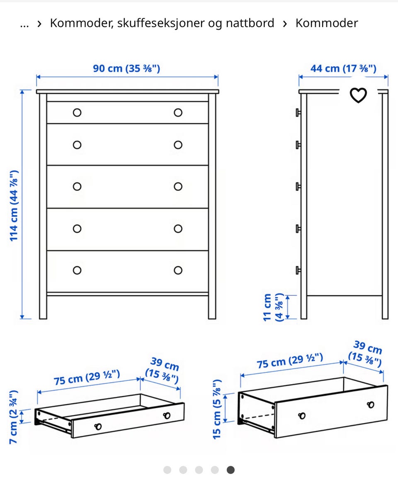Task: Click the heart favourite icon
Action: [x=358, y=95]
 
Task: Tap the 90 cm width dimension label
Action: [x=126, y=68]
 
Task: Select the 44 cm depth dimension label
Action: [x=343, y=68]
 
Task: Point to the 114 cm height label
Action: [x=14, y=206]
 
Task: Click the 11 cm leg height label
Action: [x=273, y=307]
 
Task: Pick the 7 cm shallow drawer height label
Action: [x=13, y=417]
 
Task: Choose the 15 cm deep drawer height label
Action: [x=217, y=409]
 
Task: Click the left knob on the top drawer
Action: [x=77, y=113]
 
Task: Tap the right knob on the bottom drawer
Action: [x=178, y=270]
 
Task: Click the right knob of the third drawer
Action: [x=178, y=187]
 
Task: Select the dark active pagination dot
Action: [x=231, y=470]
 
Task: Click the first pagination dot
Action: [x=167, y=470]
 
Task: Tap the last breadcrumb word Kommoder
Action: [x=327, y=23]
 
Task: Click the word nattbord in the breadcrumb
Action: [x=250, y=23]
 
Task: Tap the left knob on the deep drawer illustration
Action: [x=302, y=416]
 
